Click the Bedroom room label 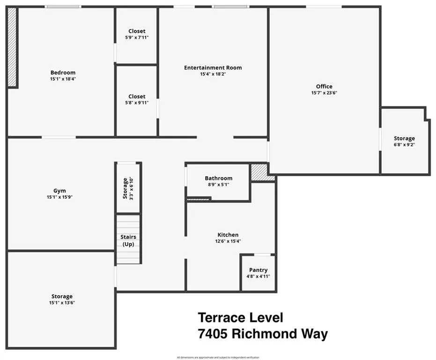[63, 73]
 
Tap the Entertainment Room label [213, 67]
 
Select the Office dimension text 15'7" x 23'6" [324, 93]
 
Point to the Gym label [59, 191]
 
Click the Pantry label [258, 270]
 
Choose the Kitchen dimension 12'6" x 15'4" [228, 241]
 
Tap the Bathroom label [218, 178]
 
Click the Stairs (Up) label [128, 240]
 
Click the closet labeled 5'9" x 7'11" [136, 34]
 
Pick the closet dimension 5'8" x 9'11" [136, 103]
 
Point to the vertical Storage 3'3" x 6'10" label [128, 188]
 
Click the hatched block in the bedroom [12, 47]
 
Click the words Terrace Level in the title [240, 317]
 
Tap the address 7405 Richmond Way [262, 334]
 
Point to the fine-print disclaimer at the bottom [218, 358]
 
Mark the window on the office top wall [324, 7]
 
